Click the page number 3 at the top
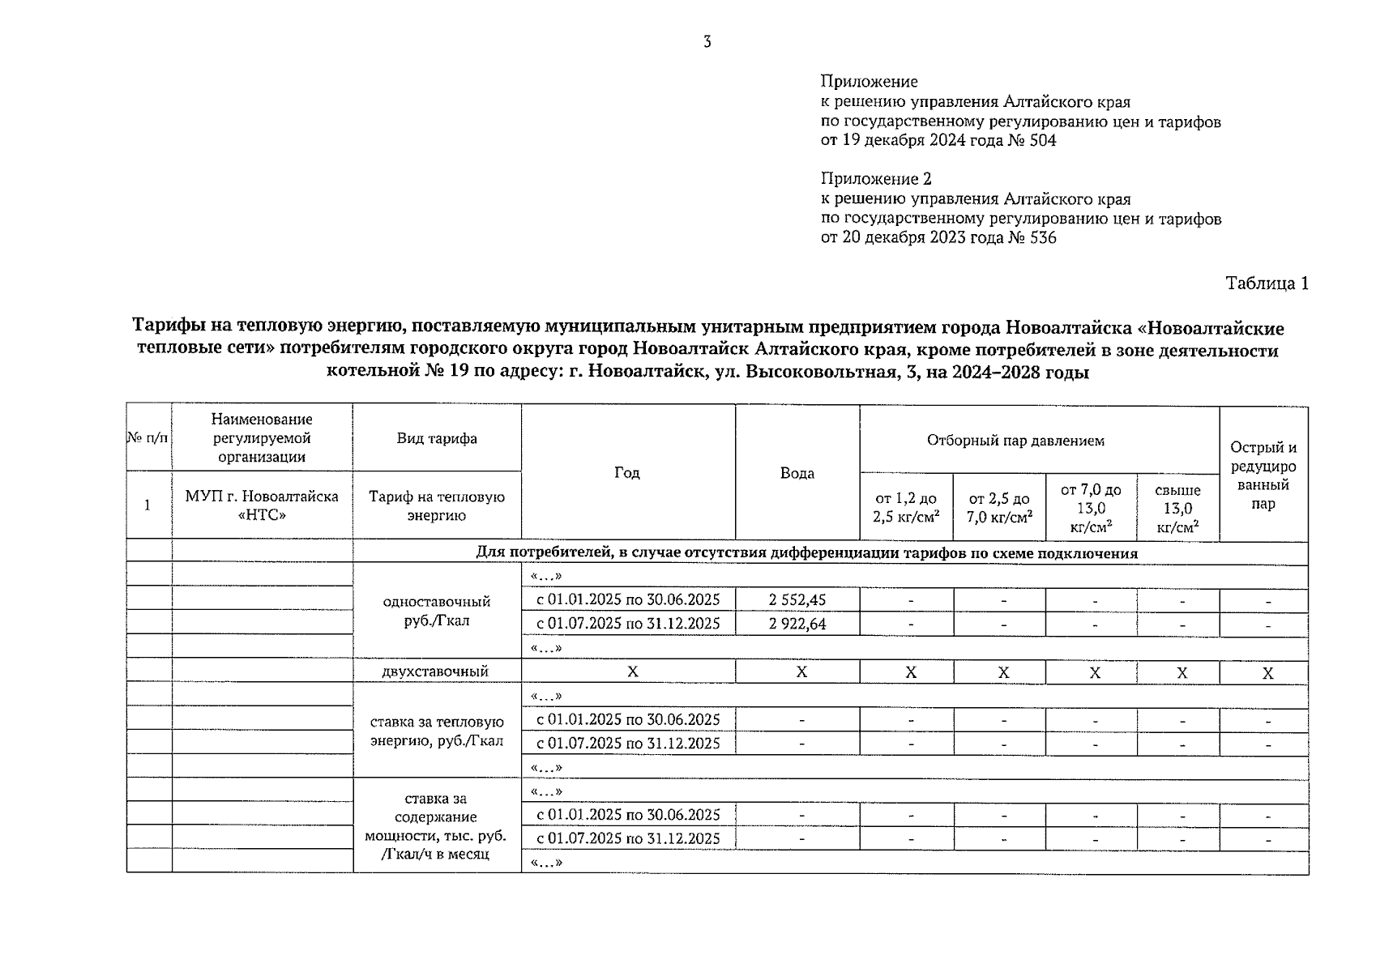click(707, 42)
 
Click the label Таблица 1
click(1267, 283)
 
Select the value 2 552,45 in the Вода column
click(797, 600)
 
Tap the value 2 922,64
click(797, 624)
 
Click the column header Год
click(627, 472)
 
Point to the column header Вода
click(797, 473)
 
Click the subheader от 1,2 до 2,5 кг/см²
click(906, 508)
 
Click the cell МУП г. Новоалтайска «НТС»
click(262, 505)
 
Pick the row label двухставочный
click(436, 671)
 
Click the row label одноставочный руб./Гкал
click(436, 612)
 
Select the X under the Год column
click(633, 672)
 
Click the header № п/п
click(148, 438)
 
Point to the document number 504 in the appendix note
click(1042, 140)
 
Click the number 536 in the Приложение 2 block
click(1042, 238)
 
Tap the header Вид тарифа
click(436, 438)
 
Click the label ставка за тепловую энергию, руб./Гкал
click(436, 731)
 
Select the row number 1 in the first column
click(147, 505)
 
